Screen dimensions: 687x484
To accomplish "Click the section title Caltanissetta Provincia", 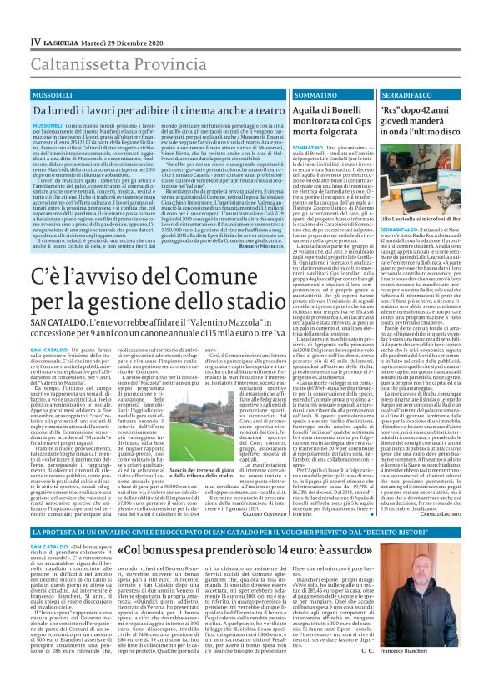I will pyautogui.click(x=108, y=62).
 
